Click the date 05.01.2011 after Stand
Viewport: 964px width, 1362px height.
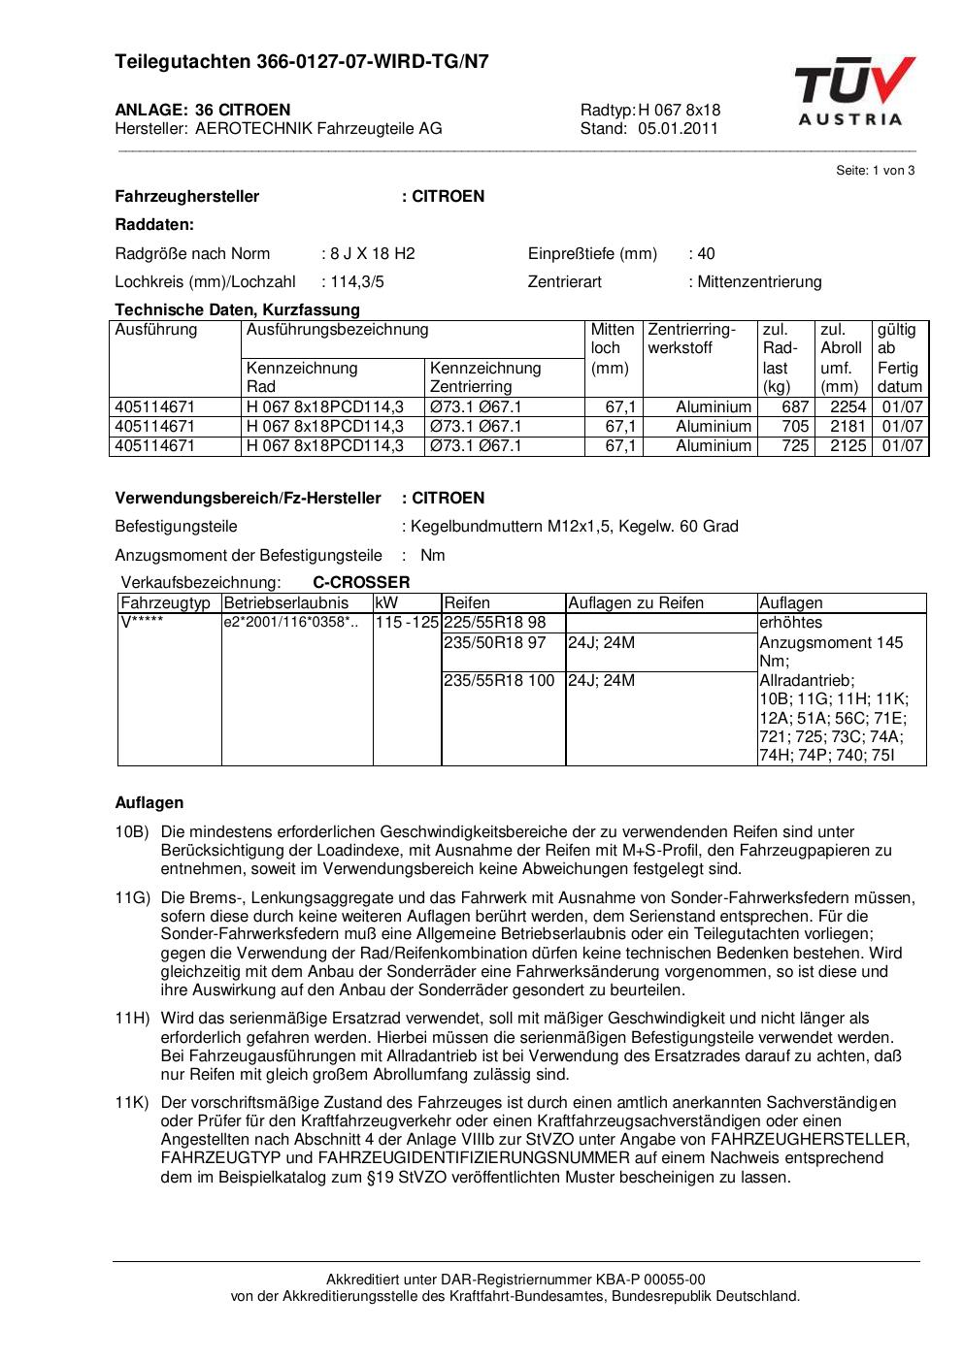click(x=678, y=128)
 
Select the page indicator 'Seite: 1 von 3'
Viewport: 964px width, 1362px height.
click(x=875, y=171)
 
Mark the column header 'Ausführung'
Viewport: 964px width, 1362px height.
click(x=156, y=330)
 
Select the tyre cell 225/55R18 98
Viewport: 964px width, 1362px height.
click(x=495, y=623)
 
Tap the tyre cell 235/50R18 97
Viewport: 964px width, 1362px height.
click(x=495, y=642)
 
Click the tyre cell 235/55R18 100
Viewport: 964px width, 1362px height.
click(x=499, y=681)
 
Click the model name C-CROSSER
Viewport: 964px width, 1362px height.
click(x=361, y=583)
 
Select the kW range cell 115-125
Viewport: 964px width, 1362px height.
click(x=408, y=623)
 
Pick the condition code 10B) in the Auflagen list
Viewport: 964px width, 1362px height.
click(x=132, y=832)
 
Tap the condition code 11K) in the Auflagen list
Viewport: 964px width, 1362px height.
click(x=132, y=1103)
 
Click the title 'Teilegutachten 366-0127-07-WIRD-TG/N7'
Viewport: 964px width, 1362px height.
click(x=302, y=62)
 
